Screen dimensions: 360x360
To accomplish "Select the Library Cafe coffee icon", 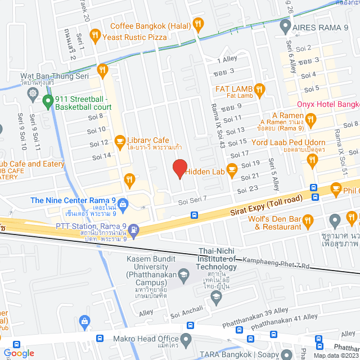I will pyautogui.click(x=119, y=140).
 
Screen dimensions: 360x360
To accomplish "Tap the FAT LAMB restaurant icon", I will pyautogui.click(x=259, y=88).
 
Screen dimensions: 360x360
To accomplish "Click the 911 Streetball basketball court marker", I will pyautogui.click(x=48, y=101).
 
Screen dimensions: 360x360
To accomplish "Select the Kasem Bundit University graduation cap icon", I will pyautogui.click(x=183, y=274).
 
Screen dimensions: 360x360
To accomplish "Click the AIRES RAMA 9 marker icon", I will pyautogui.click(x=285, y=25).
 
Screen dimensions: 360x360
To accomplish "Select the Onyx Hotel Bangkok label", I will pyautogui.click(x=328, y=105).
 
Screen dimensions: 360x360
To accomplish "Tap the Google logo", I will pyautogui.click(x=19, y=353).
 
